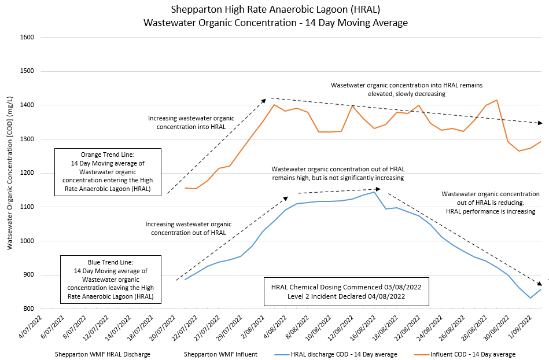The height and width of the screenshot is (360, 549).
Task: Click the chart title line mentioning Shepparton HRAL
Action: [x=275, y=10]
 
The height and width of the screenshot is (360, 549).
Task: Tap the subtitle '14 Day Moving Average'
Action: [x=275, y=23]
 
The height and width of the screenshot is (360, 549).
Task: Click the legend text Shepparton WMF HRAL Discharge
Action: [x=102, y=354]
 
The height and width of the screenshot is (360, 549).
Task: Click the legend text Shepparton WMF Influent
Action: [x=220, y=354]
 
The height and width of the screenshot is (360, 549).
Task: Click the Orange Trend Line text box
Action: [x=107, y=172]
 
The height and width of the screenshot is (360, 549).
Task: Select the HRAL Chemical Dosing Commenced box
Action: [x=346, y=291]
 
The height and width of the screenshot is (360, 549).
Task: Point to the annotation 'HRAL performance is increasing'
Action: [x=491, y=211]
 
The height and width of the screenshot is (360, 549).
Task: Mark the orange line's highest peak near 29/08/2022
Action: [x=497, y=101]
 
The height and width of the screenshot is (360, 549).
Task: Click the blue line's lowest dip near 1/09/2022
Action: [x=530, y=298]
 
